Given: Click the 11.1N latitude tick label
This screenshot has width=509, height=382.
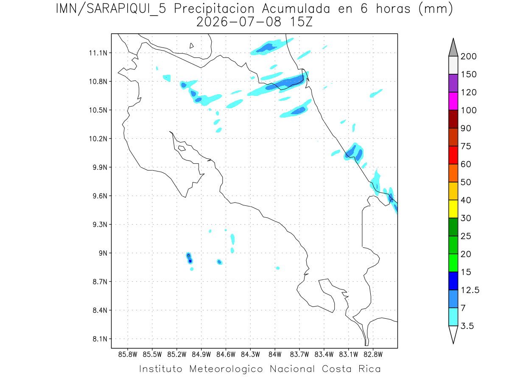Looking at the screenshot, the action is coord(98,53).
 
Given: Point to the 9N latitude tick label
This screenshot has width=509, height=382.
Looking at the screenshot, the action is coord(103,253).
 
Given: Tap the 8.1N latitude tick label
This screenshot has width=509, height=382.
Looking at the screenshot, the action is coord(100,339).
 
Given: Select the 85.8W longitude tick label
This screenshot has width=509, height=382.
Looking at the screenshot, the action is coord(128,355).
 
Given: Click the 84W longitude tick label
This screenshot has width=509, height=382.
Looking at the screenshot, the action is coord(275,355).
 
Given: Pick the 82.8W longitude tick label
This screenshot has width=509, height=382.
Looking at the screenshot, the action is coord(373,355).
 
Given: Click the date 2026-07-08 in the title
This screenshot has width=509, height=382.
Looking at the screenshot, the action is coord(239,22).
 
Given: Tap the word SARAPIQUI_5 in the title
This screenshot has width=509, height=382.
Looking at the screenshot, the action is coord(126,9).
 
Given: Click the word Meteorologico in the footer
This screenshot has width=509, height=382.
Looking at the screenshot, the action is coord(226,369).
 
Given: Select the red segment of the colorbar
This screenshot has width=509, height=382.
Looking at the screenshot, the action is coord(453,155).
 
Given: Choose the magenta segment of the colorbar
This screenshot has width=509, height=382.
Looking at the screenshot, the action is coord(453,101).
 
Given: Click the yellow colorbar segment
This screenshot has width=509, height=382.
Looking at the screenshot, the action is coord(453,209).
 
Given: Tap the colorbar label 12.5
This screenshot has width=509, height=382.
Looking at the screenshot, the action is coord(470,290).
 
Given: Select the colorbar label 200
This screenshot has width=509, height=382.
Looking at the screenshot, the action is coord(468,56).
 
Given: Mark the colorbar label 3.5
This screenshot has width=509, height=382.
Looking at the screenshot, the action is coord(467,326).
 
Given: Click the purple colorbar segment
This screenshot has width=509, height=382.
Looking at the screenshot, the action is coord(453,83).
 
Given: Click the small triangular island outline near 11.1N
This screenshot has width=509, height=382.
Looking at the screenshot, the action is coord(191,45).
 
